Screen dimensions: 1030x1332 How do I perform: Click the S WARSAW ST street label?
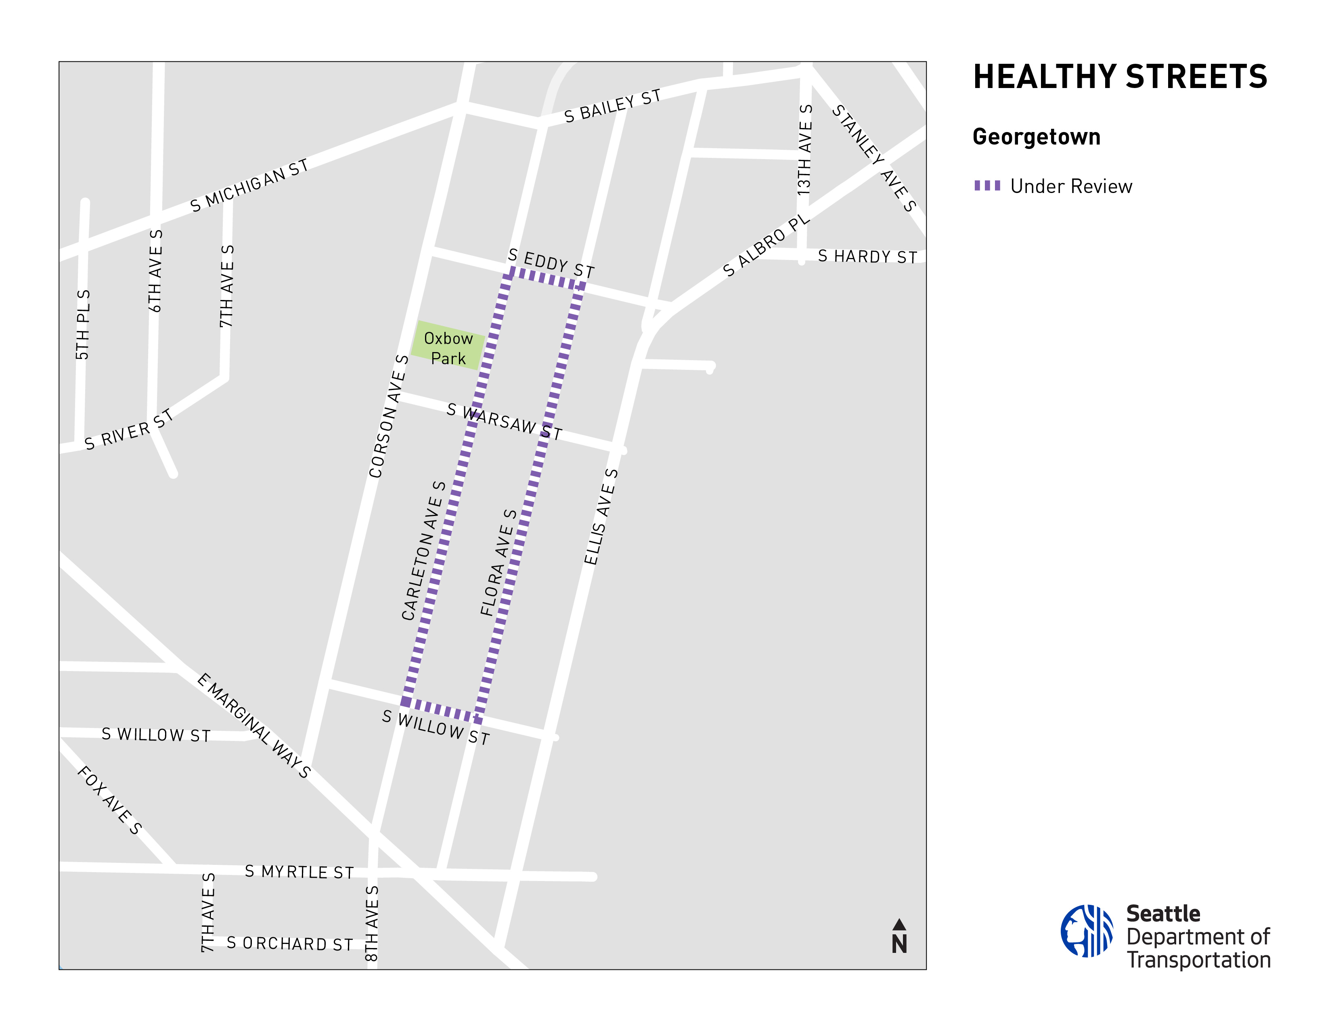coord(504,422)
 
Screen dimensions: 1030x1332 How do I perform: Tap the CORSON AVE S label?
coord(388,416)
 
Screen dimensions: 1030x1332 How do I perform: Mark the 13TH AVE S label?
coord(805,149)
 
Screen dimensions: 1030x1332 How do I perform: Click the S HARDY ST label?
coord(867,256)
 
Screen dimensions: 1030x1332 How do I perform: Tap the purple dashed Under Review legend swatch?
coord(987,185)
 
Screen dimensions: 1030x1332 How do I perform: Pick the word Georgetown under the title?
coord(1036,137)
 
